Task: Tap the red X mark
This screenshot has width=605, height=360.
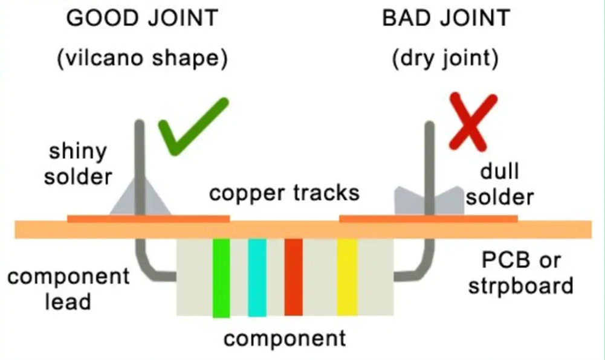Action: (473, 121)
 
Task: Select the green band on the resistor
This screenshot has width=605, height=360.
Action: (221, 277)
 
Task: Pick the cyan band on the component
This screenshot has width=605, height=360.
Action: (257, 277)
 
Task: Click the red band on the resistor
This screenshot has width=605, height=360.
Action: (293, 277)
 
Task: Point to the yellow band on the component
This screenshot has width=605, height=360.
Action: (346, 277)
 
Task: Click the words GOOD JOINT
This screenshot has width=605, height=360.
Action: (142, 18)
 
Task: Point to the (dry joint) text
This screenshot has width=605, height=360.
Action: (445, 59)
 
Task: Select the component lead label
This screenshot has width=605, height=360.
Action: (68, 288)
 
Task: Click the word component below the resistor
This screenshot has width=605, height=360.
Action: (285, 338)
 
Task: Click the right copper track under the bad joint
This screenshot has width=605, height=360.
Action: (375, 218)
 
